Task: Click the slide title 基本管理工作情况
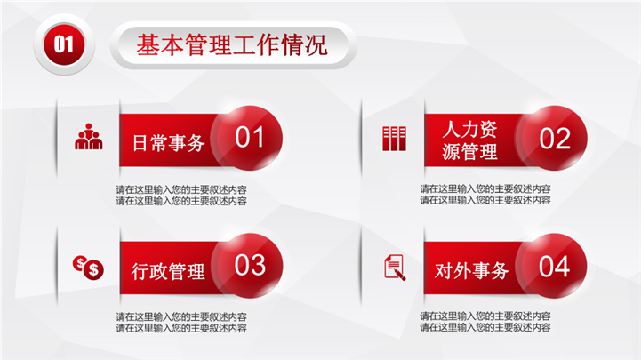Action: pyautogui.click(x=232, y=44)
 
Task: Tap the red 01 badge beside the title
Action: pyautogui.click(x=64, y=44)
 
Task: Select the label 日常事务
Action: pyautogui.click(x=168, y=143)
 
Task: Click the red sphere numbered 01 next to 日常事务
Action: pyautogui.click(x=249, y=138)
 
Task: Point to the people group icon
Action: pyautogui.click(x=89, y=137)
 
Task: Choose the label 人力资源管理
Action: pyautogui.click(x=469, y=140)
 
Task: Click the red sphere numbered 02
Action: pyautogui.click(x=554, y=138)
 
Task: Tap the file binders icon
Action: pyautogui.click(x=394, y=139)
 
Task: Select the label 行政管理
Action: pyautogui.click(x=168, y=271)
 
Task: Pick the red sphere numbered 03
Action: pyautogui.click(x=249, y=265)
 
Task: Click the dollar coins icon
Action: pyautogui.click(x=88, y=268)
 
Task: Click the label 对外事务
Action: pyautogui.click(x=471, y=270)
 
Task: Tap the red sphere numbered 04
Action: pyautogui.click(x=554, y=266)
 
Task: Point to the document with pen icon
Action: pyautogui.click(x=395, y=268)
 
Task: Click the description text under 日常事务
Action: pyautogui.click(x=181, y=196)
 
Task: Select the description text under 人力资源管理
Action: pyautogui.click(x=485, y=195)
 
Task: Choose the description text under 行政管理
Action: pyautogui.click(x=181, y=323)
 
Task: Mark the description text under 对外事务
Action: pyautogui.click(x=485, y=322)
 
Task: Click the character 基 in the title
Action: pyautogui.click(x=148, y=44)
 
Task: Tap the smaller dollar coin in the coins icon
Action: pyautogui.click(x=80, y=263)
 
